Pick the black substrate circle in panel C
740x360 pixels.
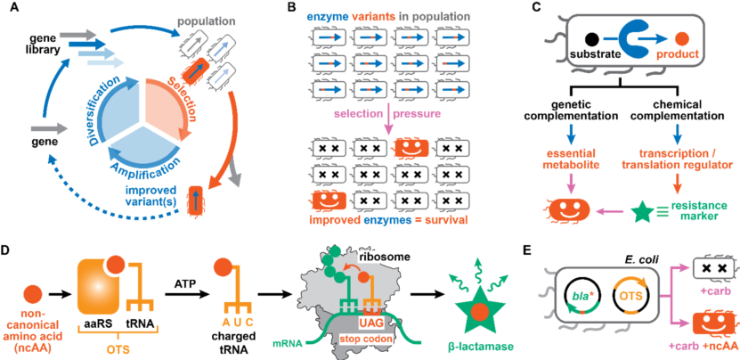(x=590, y=38)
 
